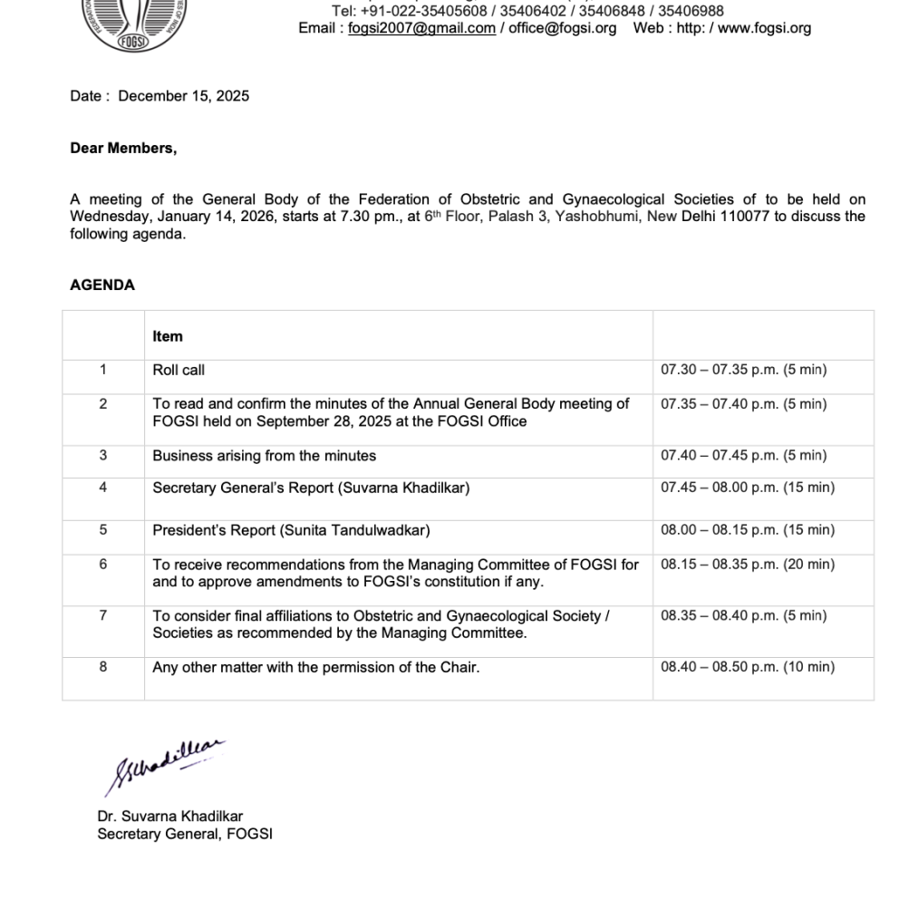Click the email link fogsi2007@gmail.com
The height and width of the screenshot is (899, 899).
[421, 28]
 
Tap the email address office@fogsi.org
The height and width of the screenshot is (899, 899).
[562, 28]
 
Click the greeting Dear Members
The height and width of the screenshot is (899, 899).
[123, 149]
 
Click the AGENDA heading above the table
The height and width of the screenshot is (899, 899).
[102, 285]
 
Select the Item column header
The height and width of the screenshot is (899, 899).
[168, 336]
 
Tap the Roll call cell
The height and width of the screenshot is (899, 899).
[179, 370]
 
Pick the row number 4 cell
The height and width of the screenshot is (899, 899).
[103, 488]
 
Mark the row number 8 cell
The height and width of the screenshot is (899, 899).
[103, 667]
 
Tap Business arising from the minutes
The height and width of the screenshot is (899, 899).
[264, 456]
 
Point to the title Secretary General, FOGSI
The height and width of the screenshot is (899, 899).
[185, 834]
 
